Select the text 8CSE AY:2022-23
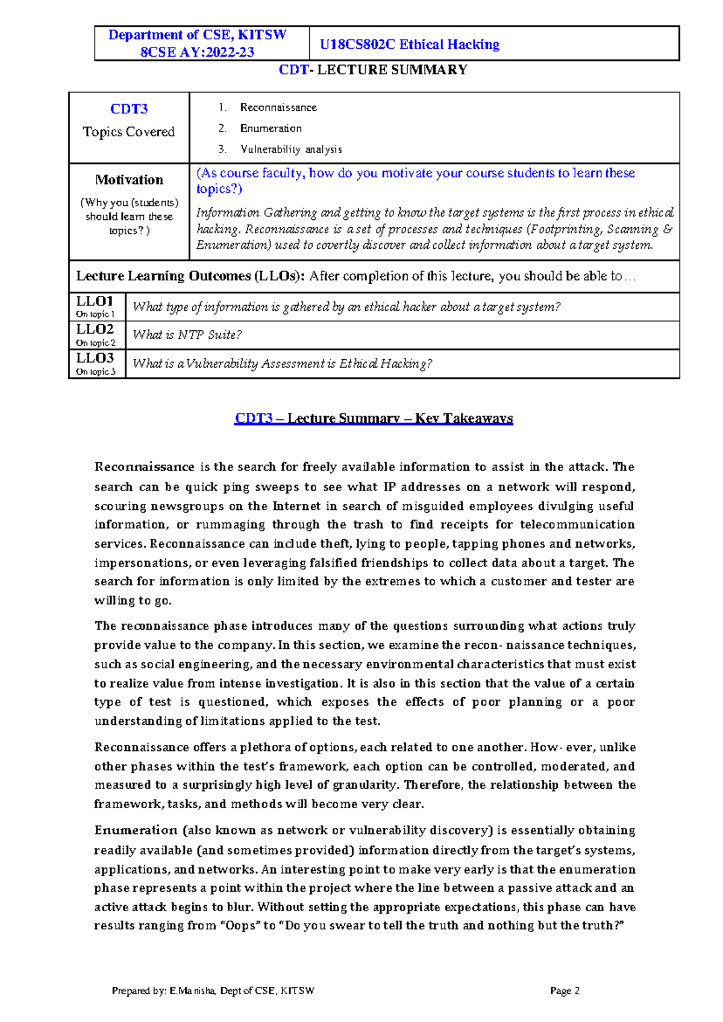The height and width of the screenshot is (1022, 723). click(x=197, y=52)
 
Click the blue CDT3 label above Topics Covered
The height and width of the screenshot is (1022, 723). click(x=129, y=109)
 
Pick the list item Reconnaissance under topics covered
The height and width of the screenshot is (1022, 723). click(x=278, y=107)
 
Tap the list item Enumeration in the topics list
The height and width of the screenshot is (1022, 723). click(x=271, y=128)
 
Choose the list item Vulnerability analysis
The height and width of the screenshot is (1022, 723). click(x=290, y=149)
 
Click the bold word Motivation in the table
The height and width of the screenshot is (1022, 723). click(x=129, y=180)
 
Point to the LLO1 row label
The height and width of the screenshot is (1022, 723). click(x=95, y=301)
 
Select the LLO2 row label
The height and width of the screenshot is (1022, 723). click(x=95, y=329)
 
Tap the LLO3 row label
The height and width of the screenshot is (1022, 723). click(x=95, y=358)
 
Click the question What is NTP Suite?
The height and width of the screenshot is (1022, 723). click(x=187, y=335)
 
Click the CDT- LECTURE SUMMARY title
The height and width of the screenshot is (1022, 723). click(x=373, y=70)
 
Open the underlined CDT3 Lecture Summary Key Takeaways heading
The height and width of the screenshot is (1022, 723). click(x=373, y=418)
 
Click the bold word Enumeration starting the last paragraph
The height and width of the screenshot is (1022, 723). click(x=136, y=830)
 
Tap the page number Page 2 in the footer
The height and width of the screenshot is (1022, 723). click(x=565, y=991)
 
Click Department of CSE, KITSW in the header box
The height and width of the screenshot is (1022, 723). click(x=197, y=35)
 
